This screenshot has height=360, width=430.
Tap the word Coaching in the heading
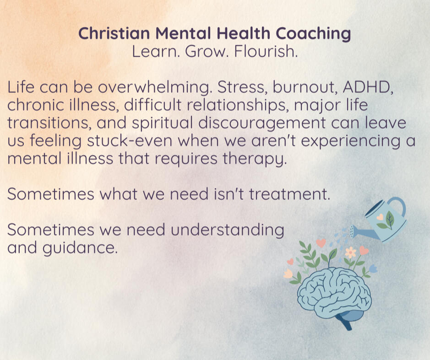pos(313,34)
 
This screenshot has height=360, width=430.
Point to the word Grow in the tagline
pos(206,51)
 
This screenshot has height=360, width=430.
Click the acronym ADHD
pos(368,87)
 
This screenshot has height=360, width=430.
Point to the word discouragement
pos(261,123)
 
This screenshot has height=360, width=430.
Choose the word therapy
pos(255,159)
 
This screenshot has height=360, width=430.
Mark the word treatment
pos(289,194)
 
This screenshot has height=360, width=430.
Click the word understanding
pos(227,230)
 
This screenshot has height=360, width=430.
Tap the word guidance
pos(80,248)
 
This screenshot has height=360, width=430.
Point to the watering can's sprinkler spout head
pos(352,231)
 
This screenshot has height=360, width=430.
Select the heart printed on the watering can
pos(380,217)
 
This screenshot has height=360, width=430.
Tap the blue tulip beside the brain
pos(373,268)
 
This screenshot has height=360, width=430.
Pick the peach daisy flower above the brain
pos(350,252)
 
